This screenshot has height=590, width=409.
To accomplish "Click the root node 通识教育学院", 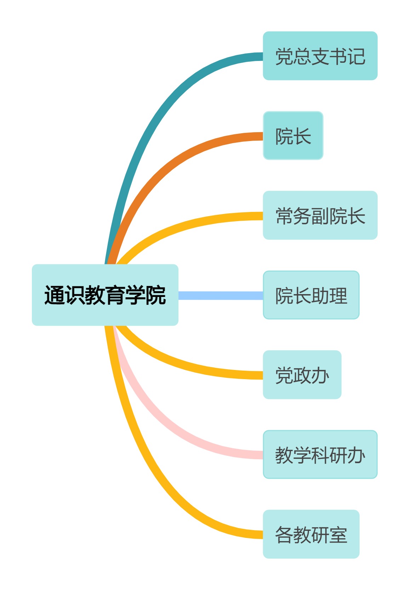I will pyautogui.click(x=105, y=295).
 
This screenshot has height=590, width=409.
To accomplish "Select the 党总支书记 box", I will pyautogui.click(x=320, y=56).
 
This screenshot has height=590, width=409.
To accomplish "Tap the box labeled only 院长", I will pyautogui.click(x=293, y=136).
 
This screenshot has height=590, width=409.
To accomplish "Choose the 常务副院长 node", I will pyautogui.click(x=320, y=215).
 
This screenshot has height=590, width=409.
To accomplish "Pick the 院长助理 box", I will pyautogui.click(x=311, y=295).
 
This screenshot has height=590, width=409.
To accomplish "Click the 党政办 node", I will pyautogui.click(x=302, y=375).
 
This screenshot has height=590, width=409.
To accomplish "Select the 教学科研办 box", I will pyautogui.click(x=320, y=455).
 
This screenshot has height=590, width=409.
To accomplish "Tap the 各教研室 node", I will pyautogui.click(x=311, y=534).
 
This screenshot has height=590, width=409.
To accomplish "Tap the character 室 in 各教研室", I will pyautogui.click(x=338, y=535).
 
